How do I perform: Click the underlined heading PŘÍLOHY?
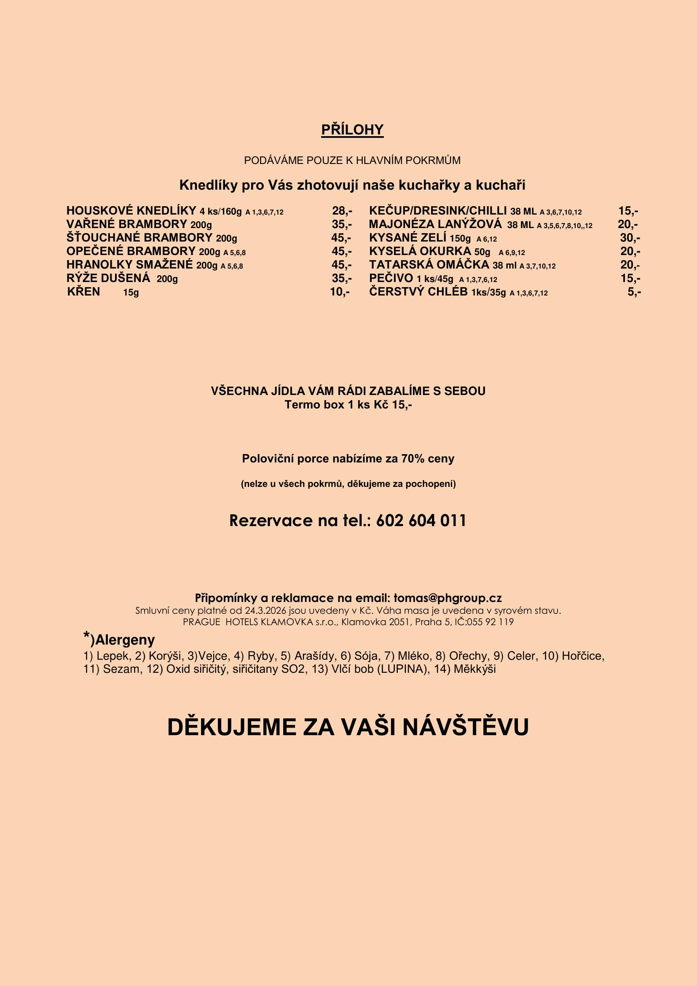(x=352, y=130)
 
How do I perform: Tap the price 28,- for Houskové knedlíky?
(x=342, y=211)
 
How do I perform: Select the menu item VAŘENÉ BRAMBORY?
(x=126, y=224)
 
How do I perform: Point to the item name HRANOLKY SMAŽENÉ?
(x=130, y=265)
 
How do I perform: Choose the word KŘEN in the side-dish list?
(x=84, y=292)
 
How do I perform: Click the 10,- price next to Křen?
(x=339, y=292)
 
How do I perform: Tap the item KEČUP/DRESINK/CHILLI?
(x=438, y=211)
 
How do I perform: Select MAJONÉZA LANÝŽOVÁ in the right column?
(x=435, y=224)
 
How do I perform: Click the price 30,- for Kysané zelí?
(x=630, y=238)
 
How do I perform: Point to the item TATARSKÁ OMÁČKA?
(x=429, y=265)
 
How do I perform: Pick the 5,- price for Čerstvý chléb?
(x=634, y=292)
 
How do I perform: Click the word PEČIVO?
(x=391, y=278)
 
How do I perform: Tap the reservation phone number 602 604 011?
(x=421, y=521)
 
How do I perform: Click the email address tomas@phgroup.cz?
(x=448, y=598)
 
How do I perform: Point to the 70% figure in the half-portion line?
(x=413, y=459)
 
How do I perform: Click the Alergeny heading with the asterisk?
(x=119, y=639)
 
